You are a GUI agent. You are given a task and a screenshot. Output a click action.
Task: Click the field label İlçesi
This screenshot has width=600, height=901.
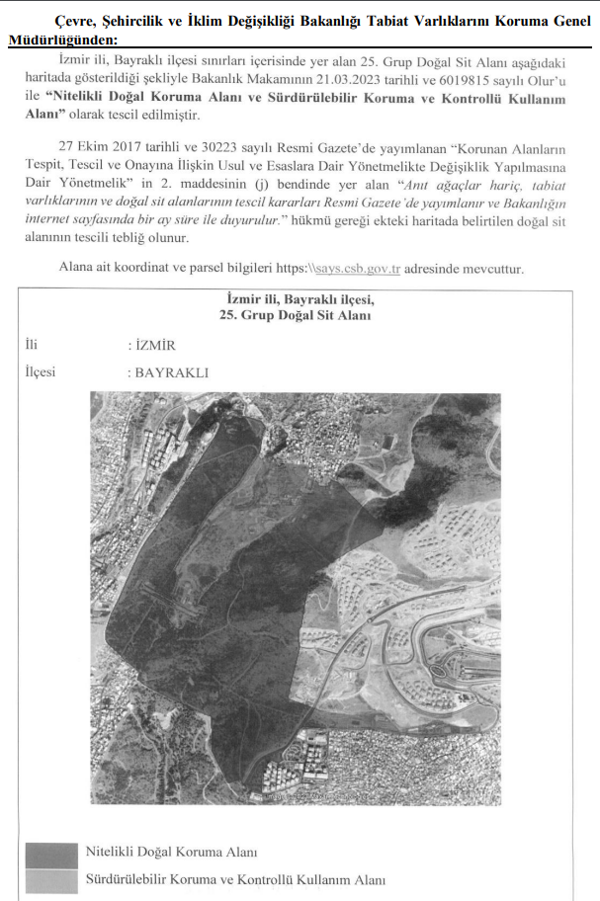tap(41, 372)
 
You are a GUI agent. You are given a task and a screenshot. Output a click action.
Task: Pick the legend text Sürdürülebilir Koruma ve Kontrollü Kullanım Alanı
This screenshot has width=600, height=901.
tap(235, 879)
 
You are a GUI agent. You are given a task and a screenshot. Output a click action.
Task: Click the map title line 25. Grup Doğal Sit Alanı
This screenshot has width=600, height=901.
tap(297, 314)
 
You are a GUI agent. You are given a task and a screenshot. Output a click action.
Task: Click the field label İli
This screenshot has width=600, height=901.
tap(32, 345)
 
